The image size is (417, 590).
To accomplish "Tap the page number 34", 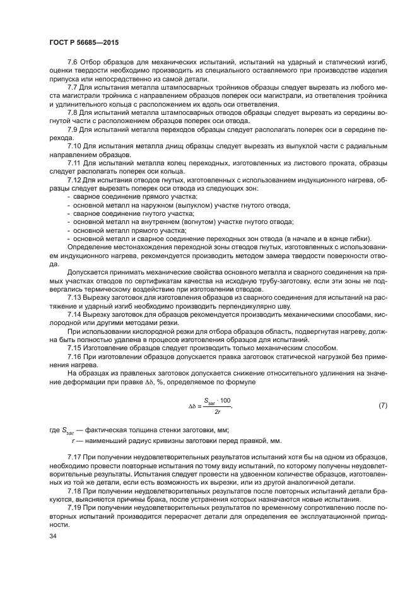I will (x=53, y=536).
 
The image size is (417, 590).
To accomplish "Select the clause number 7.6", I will (x=73, y=62).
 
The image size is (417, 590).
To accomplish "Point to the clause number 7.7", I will (x=73, y=86).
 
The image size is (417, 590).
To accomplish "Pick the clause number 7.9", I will (x=73, y=129).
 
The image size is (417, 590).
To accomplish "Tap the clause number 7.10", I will (x=75, y=146).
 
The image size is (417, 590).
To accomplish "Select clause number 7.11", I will (x=75, y=163).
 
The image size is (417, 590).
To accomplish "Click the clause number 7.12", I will (x=75, y=180).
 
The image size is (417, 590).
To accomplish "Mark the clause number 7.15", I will (x=75, y=346).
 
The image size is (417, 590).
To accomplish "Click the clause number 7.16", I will (x=75, y=355).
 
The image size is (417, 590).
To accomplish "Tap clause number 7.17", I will (x=75, y=456).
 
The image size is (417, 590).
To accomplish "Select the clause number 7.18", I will (x=75, y=490).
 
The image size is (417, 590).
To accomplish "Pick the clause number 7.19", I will (x=75, y=507).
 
